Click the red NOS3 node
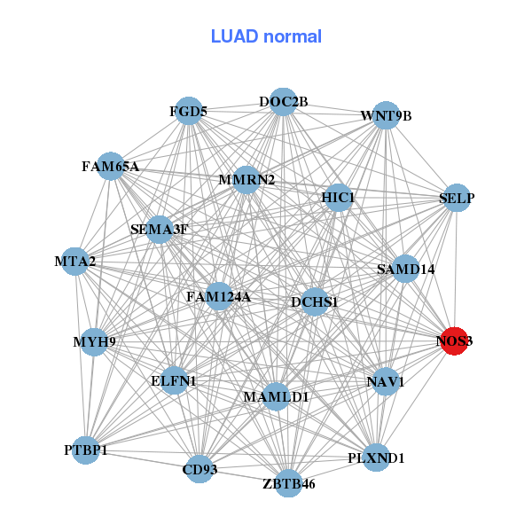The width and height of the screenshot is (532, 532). point(455,340)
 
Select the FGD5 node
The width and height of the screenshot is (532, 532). point(189,111)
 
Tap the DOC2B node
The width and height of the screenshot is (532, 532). point(283,102)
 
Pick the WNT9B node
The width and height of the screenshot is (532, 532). point(385,115)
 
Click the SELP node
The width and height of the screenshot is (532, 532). point(457,199)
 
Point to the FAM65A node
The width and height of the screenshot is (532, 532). point(111,166)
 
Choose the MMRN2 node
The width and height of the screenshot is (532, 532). point(246,180)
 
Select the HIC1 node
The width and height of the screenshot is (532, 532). point(338,197)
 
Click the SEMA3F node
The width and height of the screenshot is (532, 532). point(160,230)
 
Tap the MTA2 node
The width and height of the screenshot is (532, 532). point(75,261)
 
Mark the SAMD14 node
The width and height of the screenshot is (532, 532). point(405,269)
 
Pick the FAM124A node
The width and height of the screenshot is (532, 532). point(218,297)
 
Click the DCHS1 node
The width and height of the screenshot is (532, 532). point(315,302)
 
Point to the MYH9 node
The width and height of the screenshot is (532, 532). point(94,341)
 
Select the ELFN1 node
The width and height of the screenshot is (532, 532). point(174,380)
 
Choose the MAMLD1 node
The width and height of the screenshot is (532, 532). point(277,396)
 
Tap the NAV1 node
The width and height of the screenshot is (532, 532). point(385,382)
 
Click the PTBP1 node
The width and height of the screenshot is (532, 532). point(86,450)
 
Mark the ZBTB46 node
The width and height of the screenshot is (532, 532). point(288,483)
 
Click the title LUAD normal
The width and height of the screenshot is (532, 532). point(266,36)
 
